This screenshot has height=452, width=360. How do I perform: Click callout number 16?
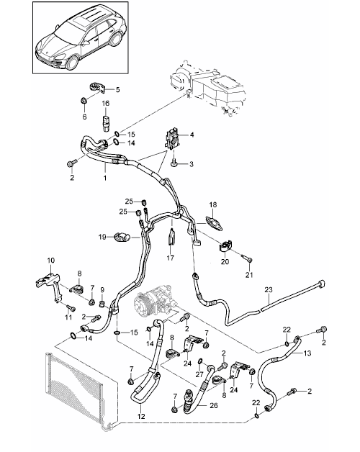pyautogui.click(x=106, y=103)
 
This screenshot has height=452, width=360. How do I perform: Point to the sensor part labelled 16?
pyautogui.click(x=106, y=123)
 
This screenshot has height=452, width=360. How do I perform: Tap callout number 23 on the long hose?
pyautogui.click(x=269, y=290)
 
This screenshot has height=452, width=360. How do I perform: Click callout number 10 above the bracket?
pyautogui.click(x=51, y=261)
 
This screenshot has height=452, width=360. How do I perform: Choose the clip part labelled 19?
pyautogui.click(x=122, y=237)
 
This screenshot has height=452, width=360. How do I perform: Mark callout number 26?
pyautogui.click(x=214, y=406)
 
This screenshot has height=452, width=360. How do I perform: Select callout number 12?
pyautogui.click(x=141, y=417)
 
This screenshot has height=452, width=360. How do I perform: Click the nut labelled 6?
pyautogui.click(x=84, y=101)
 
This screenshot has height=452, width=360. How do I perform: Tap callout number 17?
pyautogui.click(x=171, y=258)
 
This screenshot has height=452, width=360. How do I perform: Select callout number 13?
pyautogui.click(x=307, y=353)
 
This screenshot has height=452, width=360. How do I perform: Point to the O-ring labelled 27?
pyautogui.click(x=200, y=361)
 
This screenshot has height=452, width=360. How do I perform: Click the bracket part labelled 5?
pyautogui.click(x=97, y=87)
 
